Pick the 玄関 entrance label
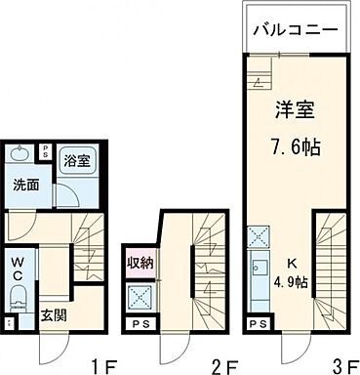(53, 316)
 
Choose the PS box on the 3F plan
(258, 324)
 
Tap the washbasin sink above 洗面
(20, 154)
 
